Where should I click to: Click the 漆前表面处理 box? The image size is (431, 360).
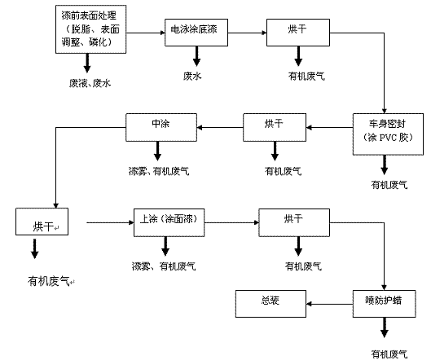pyautogui.click(x=90, y=29)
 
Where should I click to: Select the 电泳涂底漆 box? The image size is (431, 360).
pyautogui.click(x=196, y=33)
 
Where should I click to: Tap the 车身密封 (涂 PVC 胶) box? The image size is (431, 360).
pyautogui.click(x=388, y=134)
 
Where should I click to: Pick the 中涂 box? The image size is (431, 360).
pyautogui.click(x=161, y=127)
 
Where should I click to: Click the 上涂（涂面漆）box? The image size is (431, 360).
pyautogui.click(x=169, y=222)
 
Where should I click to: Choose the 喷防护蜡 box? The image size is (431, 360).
pyautogui.click(x=385, y=304)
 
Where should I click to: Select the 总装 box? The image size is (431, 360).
pyautogui.click(x=270, y=304)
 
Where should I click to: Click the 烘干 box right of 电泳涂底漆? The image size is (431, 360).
pyautogui.click(x=298, y=33)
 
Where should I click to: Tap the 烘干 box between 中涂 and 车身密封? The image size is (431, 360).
pyautogui.click(x=275, y=127)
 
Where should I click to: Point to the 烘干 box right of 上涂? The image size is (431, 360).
pyautogui.click(x=294, y=222)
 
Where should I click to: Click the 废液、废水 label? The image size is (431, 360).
pyautogui.click(x=90, y=83)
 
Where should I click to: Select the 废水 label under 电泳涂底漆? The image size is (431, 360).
pyautogui.click(x=192, y=76)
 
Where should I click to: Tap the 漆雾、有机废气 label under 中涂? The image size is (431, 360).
pyautogui.click(x=159, y=171)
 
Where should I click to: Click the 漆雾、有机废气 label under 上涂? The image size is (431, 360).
pyautogui.click(x=164, y=266)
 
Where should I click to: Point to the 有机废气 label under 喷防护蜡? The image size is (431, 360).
pyautogui.click(x=389, y=354)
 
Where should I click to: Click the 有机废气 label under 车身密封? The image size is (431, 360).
pyautogui.click(x=389, y=185)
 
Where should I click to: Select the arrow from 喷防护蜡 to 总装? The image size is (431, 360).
pyautogui.click(x=330, y=304)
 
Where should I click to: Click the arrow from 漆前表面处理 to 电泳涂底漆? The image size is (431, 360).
pyautogui.click(x=146, y=33)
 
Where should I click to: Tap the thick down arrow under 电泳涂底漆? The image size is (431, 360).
pyautogui.click(x=196, y=56)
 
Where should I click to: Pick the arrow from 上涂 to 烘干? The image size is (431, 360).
pyautogui.click(x=231, y=222)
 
